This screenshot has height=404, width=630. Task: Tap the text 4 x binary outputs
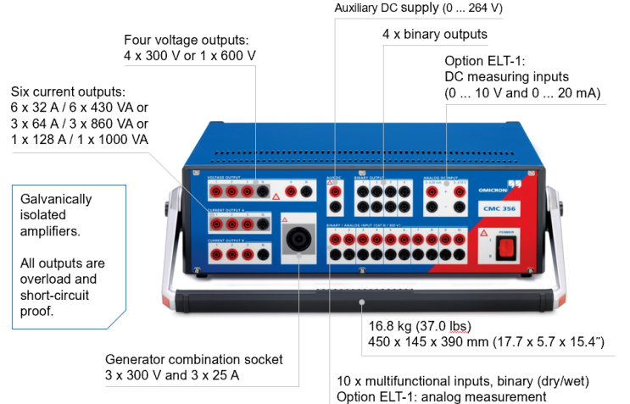(x=435, y=35)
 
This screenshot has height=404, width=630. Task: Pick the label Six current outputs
(x=67, y=91)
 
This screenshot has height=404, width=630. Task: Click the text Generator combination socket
(x=193, y=359)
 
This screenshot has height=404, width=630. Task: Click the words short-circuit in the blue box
(x=57, y=294)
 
